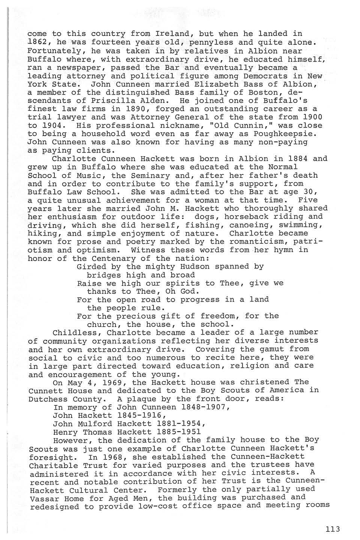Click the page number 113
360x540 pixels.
click(x=333, y=529)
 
